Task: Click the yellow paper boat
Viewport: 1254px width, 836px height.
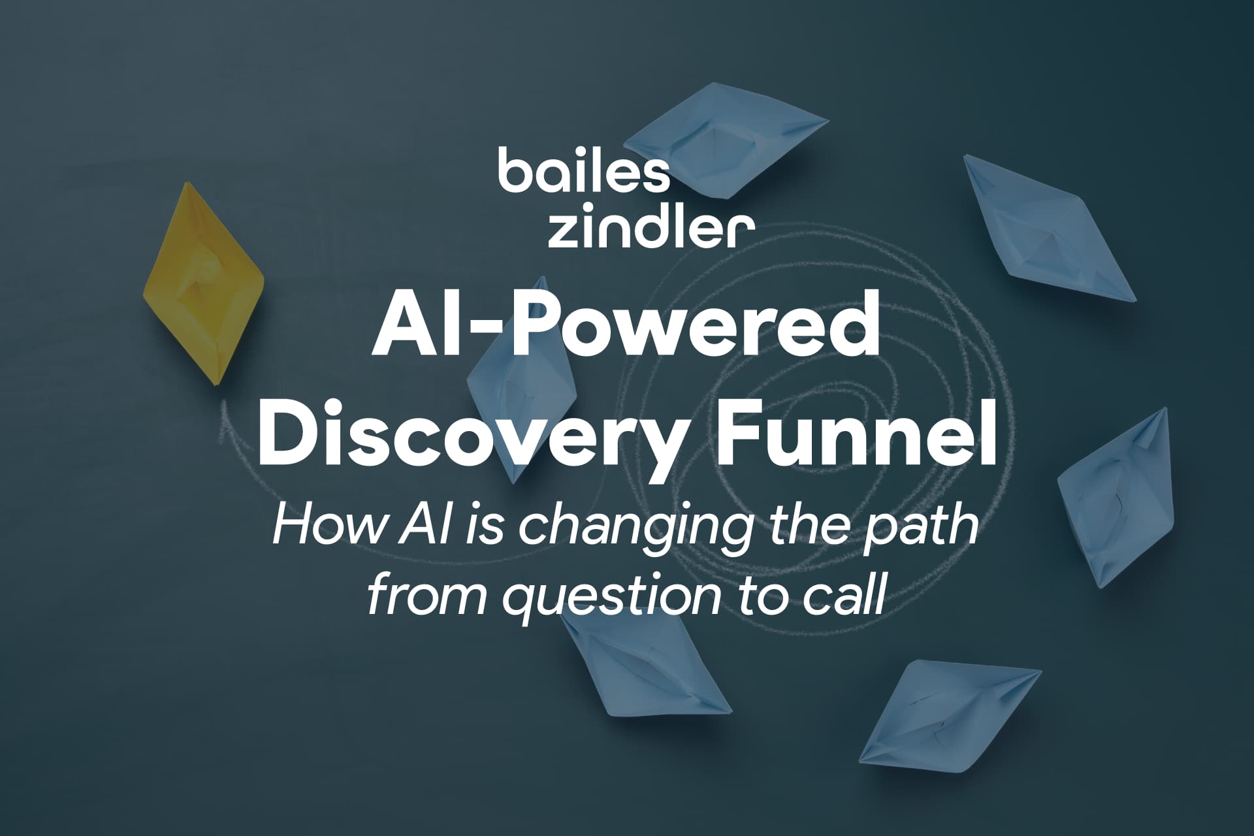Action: (202, 284)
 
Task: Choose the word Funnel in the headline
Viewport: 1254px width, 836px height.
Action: (856, 432)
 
